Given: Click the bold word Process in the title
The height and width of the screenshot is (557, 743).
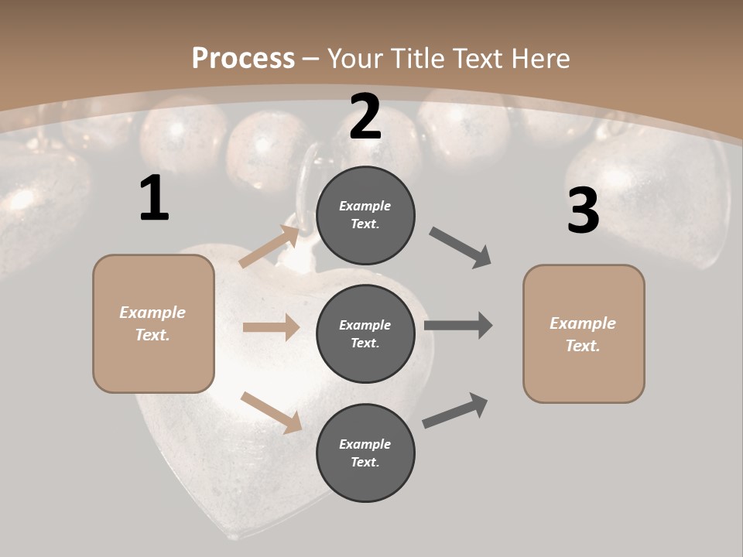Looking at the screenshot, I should click(243, 58).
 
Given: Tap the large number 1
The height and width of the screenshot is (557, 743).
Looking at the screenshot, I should click(154, 199).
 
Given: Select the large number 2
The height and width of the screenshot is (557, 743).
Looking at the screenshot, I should click(365, 118).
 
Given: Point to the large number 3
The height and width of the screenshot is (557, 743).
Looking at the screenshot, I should click(583, 211).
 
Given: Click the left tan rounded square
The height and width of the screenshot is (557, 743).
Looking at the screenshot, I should click(153, 323).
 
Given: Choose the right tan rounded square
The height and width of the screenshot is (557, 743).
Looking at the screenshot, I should click(584, 334).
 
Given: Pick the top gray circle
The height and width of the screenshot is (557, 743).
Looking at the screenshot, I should click(365, 215).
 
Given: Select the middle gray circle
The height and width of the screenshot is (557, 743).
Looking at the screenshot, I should click(365, 334).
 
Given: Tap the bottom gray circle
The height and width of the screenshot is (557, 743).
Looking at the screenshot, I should click(365, 453).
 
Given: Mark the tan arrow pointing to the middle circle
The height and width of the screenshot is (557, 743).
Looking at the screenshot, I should click(271, 327).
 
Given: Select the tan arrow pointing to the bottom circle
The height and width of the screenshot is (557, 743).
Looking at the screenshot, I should click(271, 412).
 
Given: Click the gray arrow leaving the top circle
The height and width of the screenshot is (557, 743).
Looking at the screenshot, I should click(461, 248).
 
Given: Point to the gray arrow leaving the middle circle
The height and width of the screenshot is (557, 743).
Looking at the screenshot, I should click(458, 326).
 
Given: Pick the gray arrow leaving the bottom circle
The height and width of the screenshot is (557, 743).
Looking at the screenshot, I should click(456, 410).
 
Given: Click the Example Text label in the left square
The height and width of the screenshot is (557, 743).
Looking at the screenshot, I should click(153, 323).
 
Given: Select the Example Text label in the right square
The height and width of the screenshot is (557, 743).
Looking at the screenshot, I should click(584, 334).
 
